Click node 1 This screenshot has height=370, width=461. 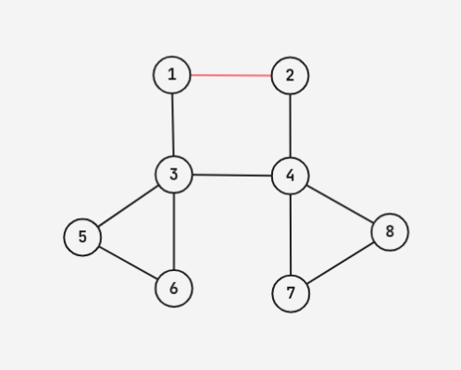coord(172,75)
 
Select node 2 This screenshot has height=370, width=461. coord(290,76)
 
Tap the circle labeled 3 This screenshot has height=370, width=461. coord(174,175)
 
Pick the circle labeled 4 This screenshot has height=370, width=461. coord(290,176)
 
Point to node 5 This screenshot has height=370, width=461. coord(82,237)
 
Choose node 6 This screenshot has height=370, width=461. coord(174,289)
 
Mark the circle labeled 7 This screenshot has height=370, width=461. coord(291,293)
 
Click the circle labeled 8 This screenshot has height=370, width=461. coord(390,232)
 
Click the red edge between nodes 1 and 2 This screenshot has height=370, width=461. coord(230,75)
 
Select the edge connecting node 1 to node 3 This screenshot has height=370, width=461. coord(173,125)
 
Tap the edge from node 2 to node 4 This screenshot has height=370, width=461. coord(290,126)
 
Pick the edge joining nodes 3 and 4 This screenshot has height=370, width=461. coord(232,176)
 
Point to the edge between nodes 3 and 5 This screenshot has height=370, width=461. coord(128,206)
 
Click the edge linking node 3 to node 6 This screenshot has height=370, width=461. coord(174,232)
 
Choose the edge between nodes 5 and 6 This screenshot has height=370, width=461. coord(128,263)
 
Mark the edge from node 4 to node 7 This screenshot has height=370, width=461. coord(291,235)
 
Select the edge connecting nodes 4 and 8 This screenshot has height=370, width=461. coord(340,203)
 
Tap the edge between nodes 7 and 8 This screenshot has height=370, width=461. coord(341,263)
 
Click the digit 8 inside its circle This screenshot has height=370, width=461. coord(390,231)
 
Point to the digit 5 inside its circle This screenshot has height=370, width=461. coord(82,237)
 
